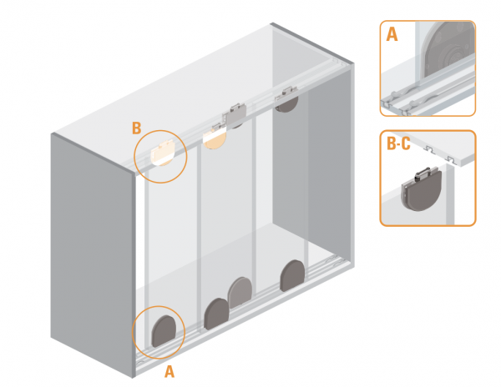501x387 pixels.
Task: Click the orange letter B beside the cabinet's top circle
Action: point(137,128)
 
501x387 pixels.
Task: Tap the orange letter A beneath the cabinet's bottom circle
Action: point(170,372)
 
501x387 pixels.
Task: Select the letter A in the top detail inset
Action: point(392,34)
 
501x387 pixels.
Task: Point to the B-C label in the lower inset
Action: point(398,143)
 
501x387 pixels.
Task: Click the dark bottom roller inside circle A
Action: point(164,331)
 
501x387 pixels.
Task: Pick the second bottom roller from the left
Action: point(216,314)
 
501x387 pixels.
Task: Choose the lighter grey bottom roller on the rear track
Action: point(240,292)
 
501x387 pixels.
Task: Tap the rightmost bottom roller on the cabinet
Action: point(292,275)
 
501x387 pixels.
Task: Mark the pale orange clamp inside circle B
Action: point(163,153)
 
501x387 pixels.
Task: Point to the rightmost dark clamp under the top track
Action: point(287,99)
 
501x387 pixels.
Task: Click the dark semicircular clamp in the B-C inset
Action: point(422,190)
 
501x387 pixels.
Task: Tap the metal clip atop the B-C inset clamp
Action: point(424,173)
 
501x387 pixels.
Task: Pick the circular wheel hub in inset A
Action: point(452,57)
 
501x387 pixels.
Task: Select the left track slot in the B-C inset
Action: point(429,149)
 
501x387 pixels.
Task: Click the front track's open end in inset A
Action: point(387,104)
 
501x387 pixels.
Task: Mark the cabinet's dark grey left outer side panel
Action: point(91,254)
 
